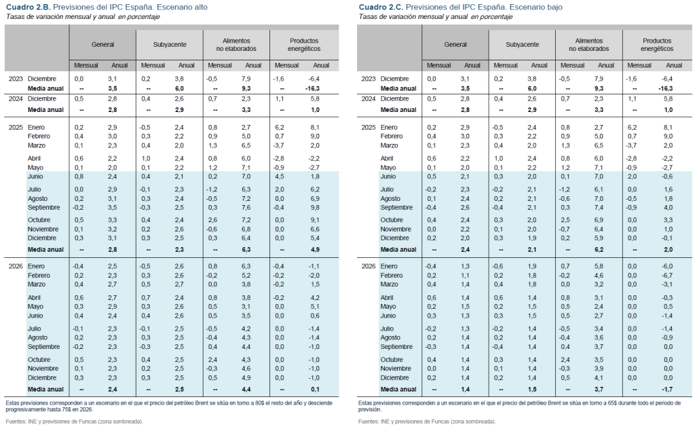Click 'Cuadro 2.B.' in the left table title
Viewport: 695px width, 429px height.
tap(28, 7)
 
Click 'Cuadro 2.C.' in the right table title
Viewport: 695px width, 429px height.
tap(381, 7)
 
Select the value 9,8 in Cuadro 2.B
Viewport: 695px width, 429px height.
tap(315, 208)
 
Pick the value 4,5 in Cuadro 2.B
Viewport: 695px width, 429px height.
tap(279, 176)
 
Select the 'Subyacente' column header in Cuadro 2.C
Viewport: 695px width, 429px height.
tap(522, 44)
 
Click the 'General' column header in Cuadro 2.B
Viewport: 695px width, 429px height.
tap(103, 44)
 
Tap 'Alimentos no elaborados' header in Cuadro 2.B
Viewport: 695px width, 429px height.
tap(236, 44)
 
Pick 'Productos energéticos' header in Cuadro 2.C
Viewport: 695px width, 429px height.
tap(657, 44)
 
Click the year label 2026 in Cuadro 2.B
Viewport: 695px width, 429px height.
tap(16, 266)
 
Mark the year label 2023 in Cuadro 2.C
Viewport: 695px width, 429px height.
tap(369, 79)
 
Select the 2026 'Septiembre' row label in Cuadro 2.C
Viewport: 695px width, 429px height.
tap(396, 347)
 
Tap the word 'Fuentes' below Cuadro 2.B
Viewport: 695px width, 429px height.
tap(15, 422)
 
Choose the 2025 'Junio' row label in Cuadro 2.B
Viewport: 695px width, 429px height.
tap(35, 176)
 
